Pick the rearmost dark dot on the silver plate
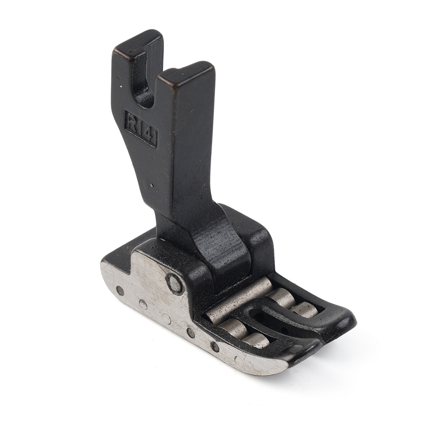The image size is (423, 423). (120, 291)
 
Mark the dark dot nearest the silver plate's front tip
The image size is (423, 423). (215, 347)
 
